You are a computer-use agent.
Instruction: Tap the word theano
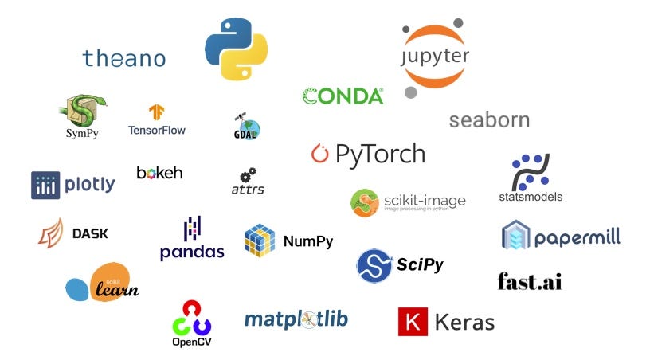pos(123,58)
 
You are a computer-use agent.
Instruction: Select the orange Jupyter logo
pos(435,57)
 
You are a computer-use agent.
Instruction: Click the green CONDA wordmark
pos(343,96)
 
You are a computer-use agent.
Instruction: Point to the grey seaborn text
pos(489,120)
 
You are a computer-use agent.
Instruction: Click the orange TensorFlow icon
pos(156,112)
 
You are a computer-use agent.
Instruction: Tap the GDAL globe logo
pos(247,126)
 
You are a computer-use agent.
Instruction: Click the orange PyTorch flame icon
pos(319,154)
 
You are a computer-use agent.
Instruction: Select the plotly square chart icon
pos(45,185)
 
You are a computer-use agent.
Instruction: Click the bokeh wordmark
pos(159,173)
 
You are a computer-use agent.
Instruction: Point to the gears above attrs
pos(248,174)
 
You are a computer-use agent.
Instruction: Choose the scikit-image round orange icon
pos(364,202)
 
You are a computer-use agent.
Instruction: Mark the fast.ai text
pos(530,280)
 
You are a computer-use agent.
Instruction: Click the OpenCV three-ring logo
pos(192,317)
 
